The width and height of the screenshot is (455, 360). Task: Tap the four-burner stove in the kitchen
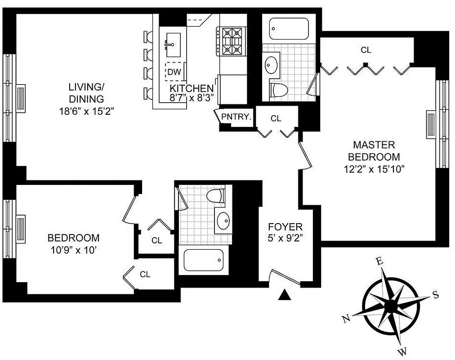tap(232, 41)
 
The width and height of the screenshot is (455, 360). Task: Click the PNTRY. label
tap(236, 117)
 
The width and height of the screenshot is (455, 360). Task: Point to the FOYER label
tap(285, 227)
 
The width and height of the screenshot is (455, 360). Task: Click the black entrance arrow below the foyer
tap(284, 294)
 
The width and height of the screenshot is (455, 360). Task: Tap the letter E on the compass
tap(379, 261)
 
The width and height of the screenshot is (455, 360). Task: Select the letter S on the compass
tap(435, 295)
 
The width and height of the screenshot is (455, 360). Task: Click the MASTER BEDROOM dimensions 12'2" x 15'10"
tap(374, 170)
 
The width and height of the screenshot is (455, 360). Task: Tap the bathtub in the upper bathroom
tap(289, 29)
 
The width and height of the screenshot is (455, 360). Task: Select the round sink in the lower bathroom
tap(223, 220)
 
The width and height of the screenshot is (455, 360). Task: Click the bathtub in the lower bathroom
tap(203, 260)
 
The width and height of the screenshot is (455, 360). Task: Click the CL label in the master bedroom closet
tap(366, 50)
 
